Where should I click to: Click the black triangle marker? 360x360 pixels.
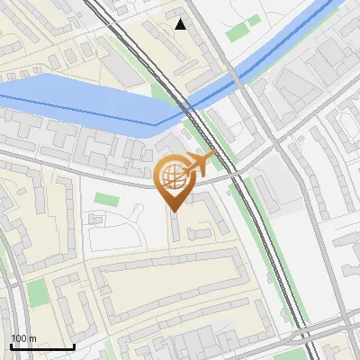(181, 24)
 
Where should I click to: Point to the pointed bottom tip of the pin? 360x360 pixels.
(173, 211)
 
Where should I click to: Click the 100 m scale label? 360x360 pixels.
(23, 338)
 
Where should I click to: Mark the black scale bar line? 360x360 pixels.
(42, 346)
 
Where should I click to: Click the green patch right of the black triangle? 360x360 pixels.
(238, 32)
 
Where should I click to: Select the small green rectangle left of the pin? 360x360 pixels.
(105, 199)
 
